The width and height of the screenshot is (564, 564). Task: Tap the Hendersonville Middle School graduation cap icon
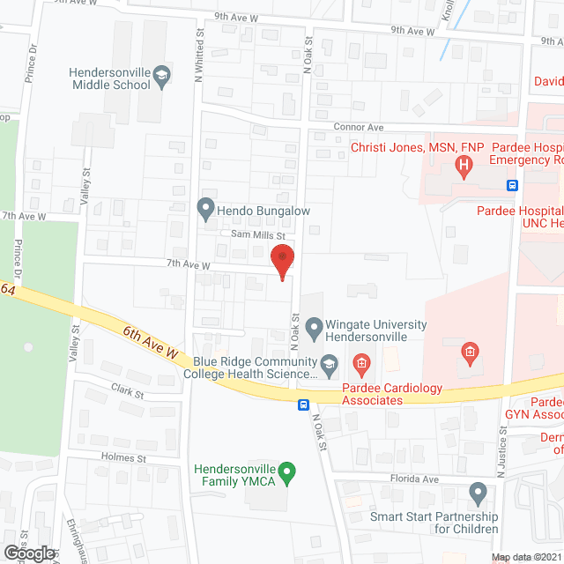tap(162, 78)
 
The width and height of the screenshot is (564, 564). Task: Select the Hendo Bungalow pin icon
tap(205, 209)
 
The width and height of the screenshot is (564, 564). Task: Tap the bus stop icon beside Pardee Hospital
tap(511, 185)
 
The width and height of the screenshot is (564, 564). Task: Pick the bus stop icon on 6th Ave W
tap(303, 405)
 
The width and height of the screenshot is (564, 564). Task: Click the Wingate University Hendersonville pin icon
tap(313, 330)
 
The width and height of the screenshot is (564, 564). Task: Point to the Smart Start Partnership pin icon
tap(478, 492)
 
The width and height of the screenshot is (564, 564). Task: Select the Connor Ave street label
tap(359, 127)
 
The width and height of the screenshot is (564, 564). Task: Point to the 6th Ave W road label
tap(151, 342)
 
